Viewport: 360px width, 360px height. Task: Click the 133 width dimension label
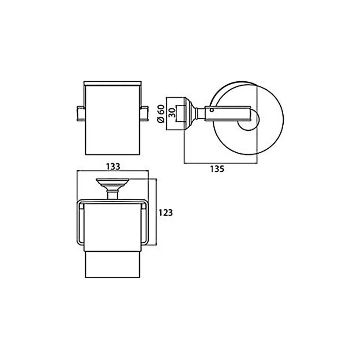tap(113, 166)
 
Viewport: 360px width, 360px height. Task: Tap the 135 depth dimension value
tap(217, 169)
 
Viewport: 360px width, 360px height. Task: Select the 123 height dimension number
tap(166, 213)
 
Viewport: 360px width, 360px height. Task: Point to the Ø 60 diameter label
tap(161, 114)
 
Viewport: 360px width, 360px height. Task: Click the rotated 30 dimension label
tap(172, 113)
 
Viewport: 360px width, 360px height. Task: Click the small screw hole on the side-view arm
tap(212, 110)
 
